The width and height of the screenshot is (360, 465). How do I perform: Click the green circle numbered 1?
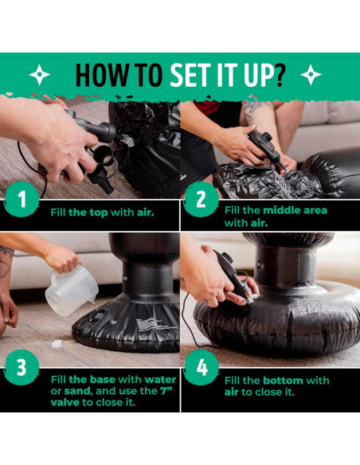click(x=22, y=199)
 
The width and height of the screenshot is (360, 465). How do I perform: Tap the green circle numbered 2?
click(x=201, y=199)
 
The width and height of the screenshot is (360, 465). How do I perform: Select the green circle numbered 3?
click(x=22, y=367)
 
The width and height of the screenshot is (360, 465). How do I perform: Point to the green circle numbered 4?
click(x=201, y=367)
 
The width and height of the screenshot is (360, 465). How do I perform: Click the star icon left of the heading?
click(x=40, y=74)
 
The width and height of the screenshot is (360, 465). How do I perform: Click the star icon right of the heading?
click(x=311, y=74)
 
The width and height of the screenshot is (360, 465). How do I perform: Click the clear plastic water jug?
click(x=72, y=290)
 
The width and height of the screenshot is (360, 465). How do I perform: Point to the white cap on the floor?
click(x=57, y=343)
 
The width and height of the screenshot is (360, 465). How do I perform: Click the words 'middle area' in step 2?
click(x=295, y=210)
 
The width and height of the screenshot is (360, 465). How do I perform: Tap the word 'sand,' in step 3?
click(x=78, y=391)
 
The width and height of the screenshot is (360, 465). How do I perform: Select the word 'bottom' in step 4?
click(x=284, y=381)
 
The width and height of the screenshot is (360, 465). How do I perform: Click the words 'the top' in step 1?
click(x=88, y=213)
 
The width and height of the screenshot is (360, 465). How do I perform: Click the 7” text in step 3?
click(x=166, y=391)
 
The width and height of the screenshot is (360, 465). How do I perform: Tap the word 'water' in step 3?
click(x=160, y=380)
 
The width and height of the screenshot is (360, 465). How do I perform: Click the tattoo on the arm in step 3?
click(x=6, y=261)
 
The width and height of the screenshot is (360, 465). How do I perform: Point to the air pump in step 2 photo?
click(x=264, y=147)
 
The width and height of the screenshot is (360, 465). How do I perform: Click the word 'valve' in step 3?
click(x=65, y=402)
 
